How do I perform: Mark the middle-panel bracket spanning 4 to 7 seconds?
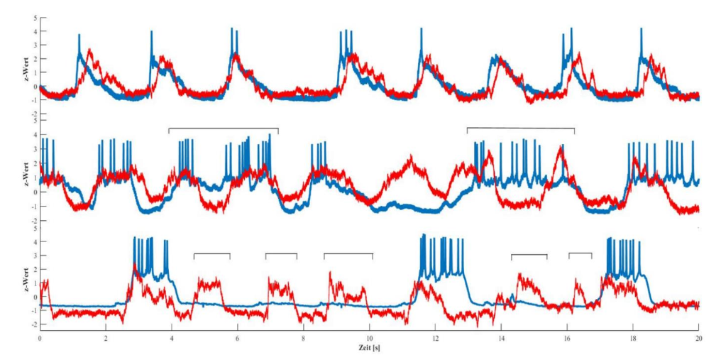pos(224,129)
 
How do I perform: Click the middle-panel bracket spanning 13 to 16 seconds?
pos(520,129)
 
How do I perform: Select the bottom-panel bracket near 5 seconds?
pos(212,253)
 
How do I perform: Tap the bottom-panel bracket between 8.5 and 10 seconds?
pos(348,253)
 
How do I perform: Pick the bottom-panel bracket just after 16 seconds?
pos(580,253)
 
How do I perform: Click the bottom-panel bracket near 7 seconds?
pos(281,253)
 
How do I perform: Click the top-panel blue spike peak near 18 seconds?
pos(641,29)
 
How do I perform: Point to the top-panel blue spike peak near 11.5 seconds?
pos(421,29)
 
